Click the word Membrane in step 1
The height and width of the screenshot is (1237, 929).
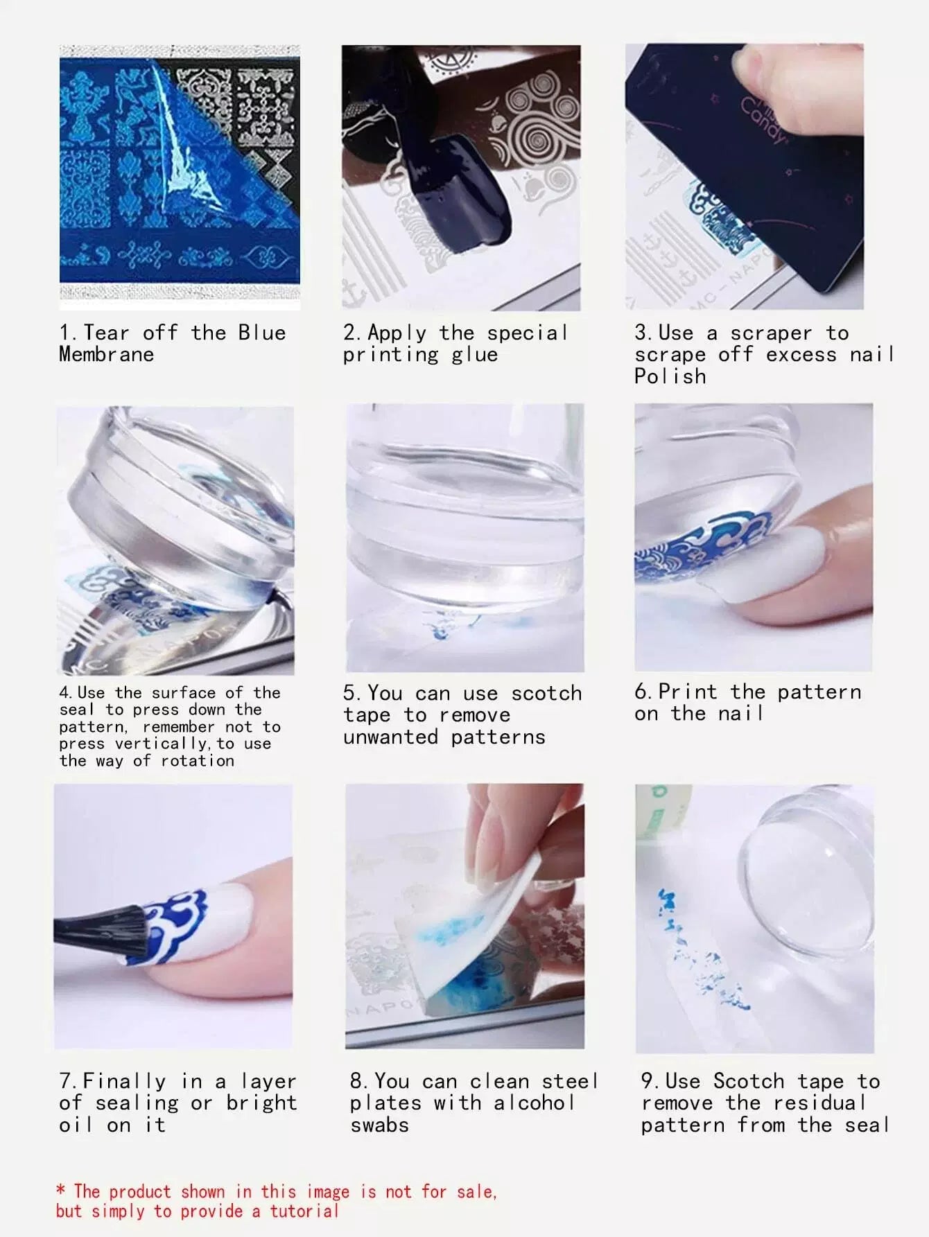[107, 354]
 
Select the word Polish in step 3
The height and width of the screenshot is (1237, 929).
[670, 376]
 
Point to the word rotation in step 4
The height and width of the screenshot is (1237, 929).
[198, 761]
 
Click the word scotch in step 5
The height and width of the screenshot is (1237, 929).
[546, 693]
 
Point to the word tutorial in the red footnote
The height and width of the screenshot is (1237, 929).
[304, 1211]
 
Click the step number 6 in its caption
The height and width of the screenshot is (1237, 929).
[643, 692]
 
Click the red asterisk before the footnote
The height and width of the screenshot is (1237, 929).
[62, 1191]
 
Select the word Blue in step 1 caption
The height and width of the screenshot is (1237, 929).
[262, 333]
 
